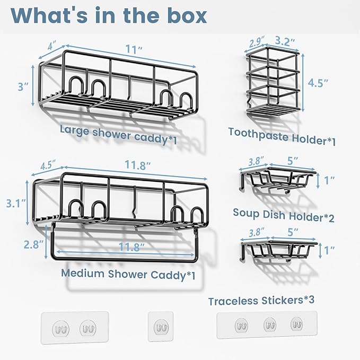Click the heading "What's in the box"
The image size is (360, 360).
[x=109, y=15]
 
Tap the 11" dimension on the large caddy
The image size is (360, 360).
[x=134, y=49]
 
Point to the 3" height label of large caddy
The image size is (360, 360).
[x=23, y=86]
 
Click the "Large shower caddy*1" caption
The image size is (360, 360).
[x=118, y=135]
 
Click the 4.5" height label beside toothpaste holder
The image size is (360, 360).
[x=318, y=83]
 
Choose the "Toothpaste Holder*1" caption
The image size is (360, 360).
[x=282, y=137]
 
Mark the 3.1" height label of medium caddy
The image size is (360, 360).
[x=15, y=203]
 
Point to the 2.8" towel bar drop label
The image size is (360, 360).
[x=33, y=244]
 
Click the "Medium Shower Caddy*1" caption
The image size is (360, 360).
[x=128, y=274]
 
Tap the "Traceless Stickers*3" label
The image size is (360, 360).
[x=261, y=300]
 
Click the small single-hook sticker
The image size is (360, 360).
[x=161, y=326]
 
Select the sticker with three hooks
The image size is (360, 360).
[x=267, y=324]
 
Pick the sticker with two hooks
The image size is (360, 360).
[x=75, y=328]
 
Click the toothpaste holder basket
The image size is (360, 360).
[x=273, y=83]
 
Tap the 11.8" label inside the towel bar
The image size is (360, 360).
[x=131, y=247]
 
